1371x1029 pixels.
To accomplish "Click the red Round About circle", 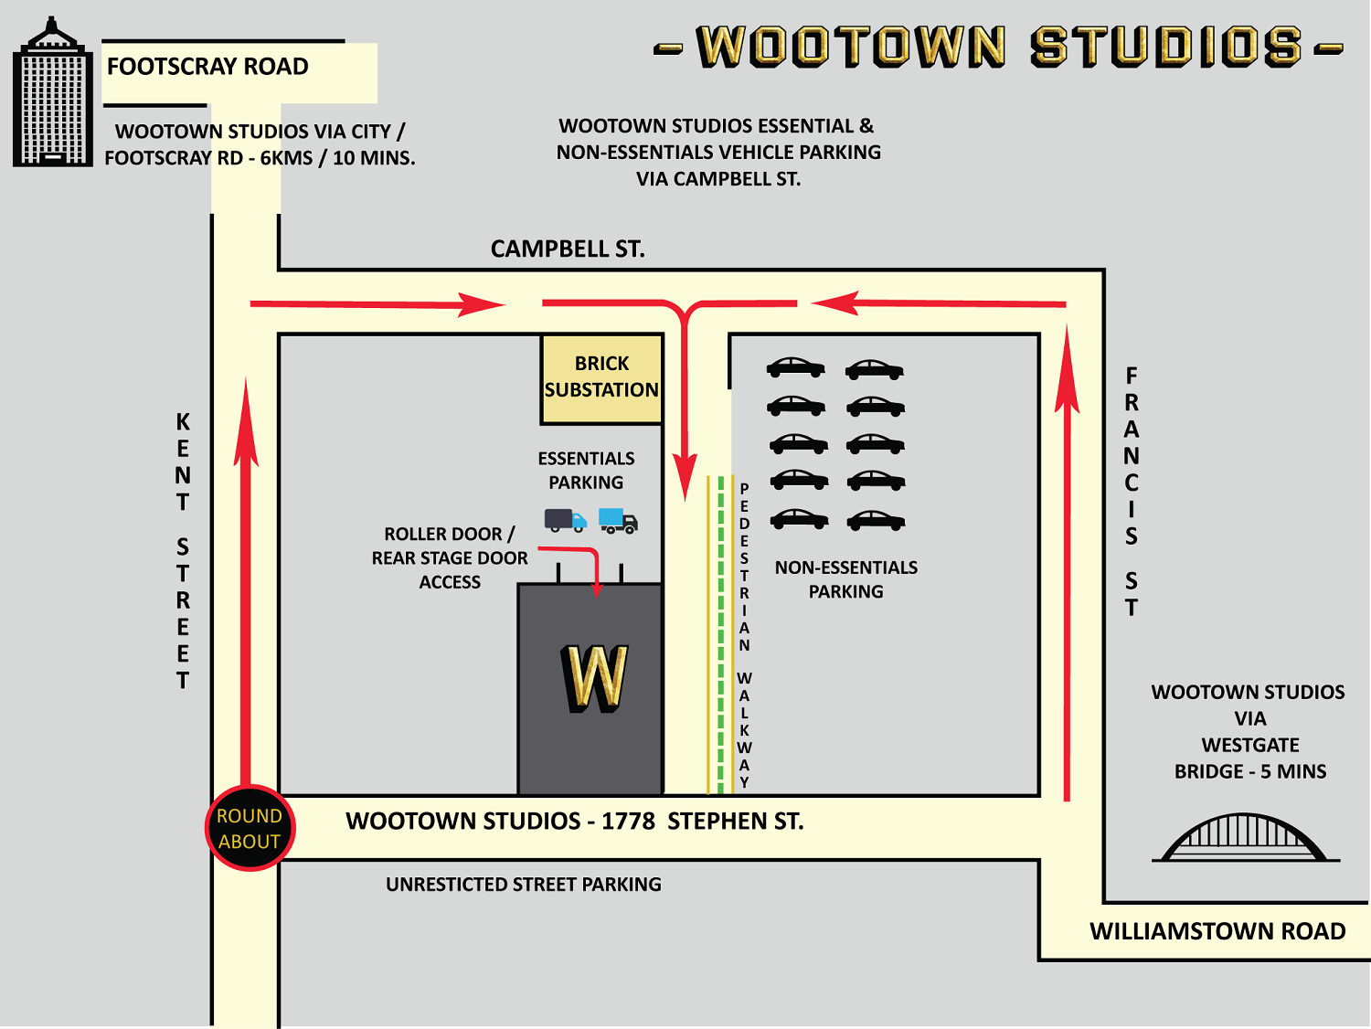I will click(x=250, y=828).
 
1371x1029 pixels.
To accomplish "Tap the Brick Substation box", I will click(x=601, y=377).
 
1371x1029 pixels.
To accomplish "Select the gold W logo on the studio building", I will click(x=595, y=677).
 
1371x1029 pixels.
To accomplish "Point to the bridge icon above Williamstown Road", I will click(x=1245, y=837).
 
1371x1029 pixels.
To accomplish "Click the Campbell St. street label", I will click(x=567, y=249).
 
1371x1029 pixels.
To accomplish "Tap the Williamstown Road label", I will click(x=1217, y=931).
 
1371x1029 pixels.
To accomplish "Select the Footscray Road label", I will click(x=207, y=67).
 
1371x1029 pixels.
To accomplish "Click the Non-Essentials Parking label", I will click(x=845, y=579).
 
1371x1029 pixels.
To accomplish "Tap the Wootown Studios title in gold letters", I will click(x=999, y=48).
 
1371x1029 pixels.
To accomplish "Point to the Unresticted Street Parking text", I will click(x=523, y=885).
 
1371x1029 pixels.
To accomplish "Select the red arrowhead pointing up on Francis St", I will click(x=1067, y=370).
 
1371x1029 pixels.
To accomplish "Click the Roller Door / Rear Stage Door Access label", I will click(x=449, y=557).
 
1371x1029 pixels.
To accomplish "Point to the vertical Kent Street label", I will click(x=183, y=551).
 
